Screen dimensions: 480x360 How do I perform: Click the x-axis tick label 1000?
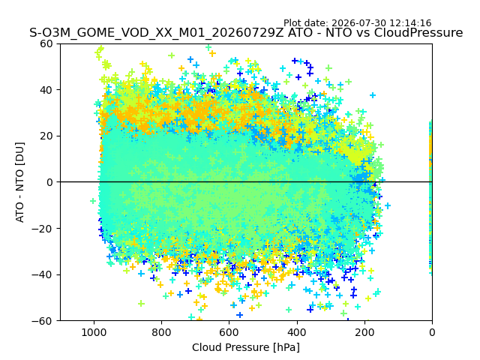tap(94, 332)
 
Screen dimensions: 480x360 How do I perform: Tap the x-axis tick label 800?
tap(161, 332)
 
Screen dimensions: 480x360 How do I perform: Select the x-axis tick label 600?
tap(229, 332)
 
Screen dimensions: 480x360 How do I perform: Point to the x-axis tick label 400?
tap(297, 332)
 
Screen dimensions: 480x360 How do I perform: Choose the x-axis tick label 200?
tap(364, 332)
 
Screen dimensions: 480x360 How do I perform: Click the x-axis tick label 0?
tap(432, 332)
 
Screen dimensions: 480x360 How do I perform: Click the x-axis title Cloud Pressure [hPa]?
tap(246, 348)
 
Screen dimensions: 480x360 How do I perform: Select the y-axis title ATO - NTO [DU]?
tap(19, 182)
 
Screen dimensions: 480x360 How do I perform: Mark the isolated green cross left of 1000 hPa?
tap(93, 201)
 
